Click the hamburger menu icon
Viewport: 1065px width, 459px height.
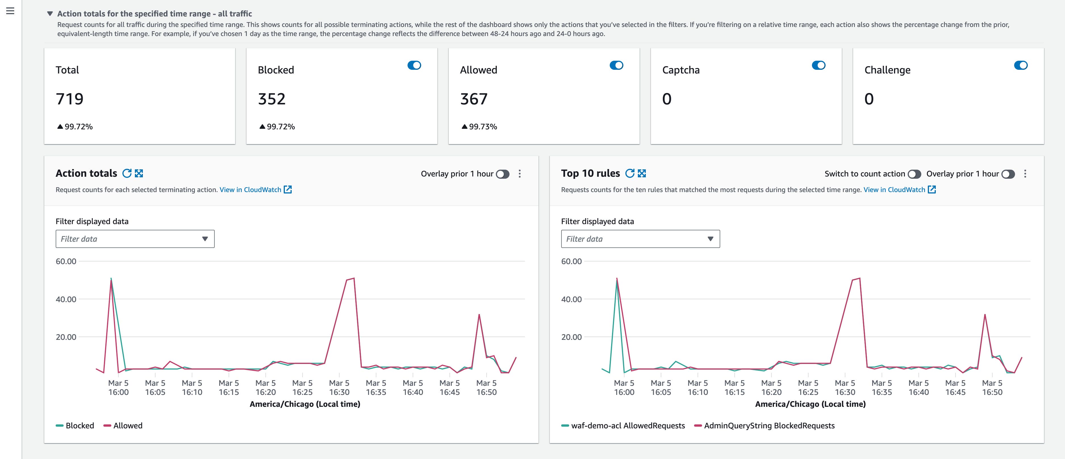(10, 11)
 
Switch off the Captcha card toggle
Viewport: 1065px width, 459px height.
(818, 65)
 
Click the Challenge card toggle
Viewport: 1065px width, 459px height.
(1020, 65)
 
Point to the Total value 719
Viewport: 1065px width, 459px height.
(70, 99)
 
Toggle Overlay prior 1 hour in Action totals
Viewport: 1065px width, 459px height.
(503, 174)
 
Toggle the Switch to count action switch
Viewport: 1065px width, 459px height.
(914, 174)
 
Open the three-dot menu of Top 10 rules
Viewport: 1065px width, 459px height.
(1025, 174)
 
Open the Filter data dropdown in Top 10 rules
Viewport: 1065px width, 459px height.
(640, 239)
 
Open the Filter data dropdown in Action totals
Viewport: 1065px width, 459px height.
(135, 239)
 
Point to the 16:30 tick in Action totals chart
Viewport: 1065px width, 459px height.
(339, 388)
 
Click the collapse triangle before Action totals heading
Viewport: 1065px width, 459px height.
(50, 14)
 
